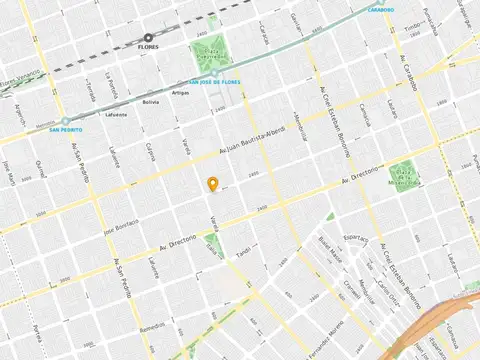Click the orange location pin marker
pos(212,184)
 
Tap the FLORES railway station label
pos(148,46)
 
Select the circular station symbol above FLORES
pos(148,37)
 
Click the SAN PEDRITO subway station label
pos(65,129)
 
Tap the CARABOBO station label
pos(380,10)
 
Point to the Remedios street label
pos(152,326)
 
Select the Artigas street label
pos(179,93)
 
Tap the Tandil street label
pos(242,253)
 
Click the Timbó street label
pos(413,33)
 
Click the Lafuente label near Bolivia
pos(116,114)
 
